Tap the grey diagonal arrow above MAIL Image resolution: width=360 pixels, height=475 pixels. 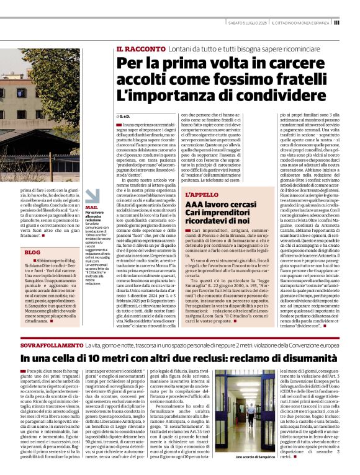91,195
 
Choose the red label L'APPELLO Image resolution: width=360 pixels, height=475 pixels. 201,195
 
